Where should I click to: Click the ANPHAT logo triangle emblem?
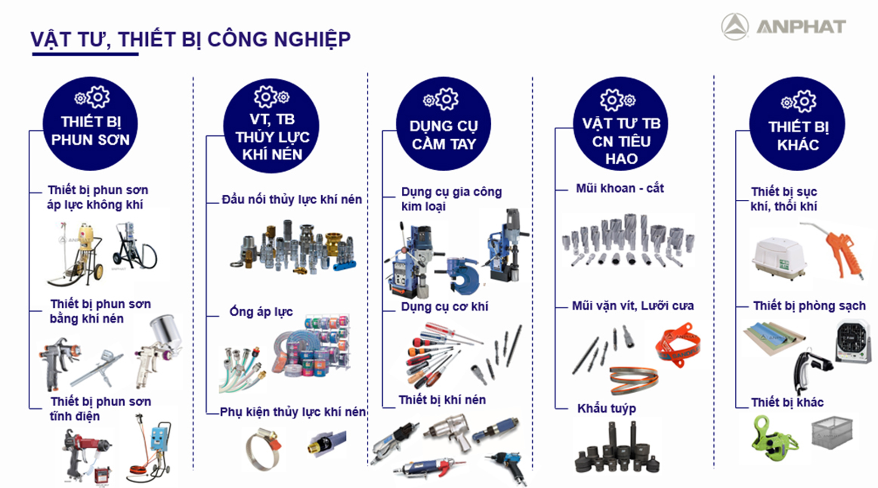[x=734, y=27]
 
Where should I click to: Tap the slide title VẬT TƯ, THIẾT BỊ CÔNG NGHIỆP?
[x=190, y=40]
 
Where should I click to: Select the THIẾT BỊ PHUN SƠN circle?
[x=90, y=124]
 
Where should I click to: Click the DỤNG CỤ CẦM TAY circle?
[x=443, y=124]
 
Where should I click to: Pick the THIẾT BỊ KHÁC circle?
[x=798, y=124]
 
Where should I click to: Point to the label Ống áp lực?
[x=261, y=311]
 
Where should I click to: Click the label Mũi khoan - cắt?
[x=620, y=188]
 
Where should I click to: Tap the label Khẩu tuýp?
[x=606, y=408]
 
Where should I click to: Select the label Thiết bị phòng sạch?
[x=809, y=306]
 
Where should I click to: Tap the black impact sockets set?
[x=616, y=447]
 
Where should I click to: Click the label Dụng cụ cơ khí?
[x=444, y=307]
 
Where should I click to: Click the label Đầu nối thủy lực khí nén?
[x=291, y=199]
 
